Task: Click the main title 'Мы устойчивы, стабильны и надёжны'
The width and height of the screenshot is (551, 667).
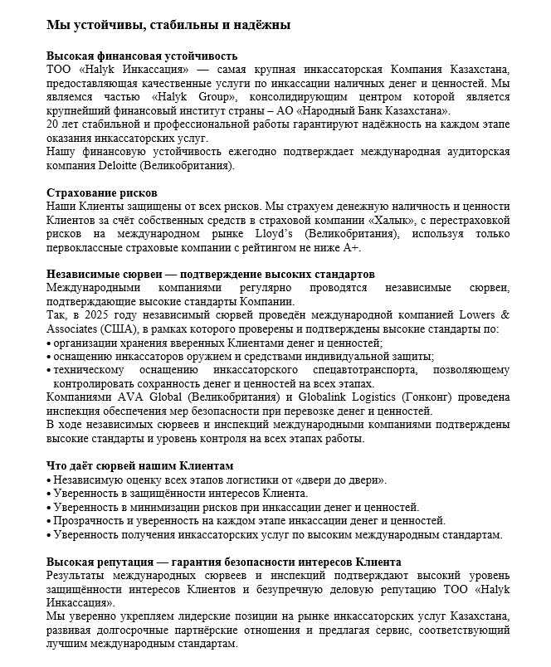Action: tap(168, 26)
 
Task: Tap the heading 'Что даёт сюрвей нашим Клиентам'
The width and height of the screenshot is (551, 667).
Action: tap(139, 465)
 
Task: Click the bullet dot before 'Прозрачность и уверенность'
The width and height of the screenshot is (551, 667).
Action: tap(50, 521)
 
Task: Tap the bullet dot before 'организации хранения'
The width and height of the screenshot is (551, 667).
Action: tap(50, 343)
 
